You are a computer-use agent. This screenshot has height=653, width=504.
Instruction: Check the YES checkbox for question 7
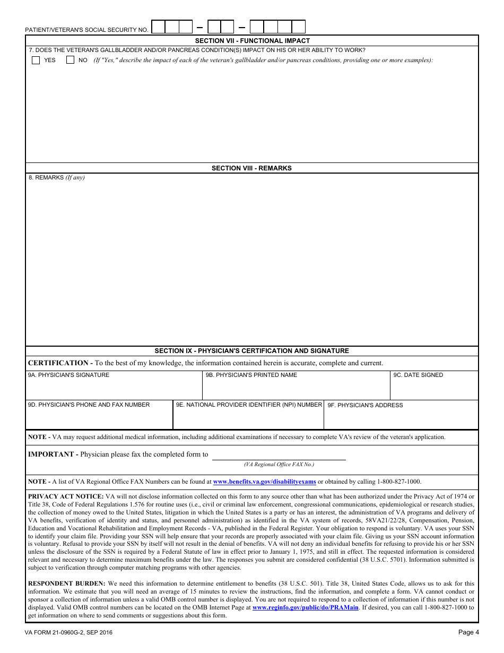(36, 60)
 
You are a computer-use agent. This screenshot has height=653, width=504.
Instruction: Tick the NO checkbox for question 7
(70, 60)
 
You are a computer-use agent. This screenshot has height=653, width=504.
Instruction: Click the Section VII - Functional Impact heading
(252, 41)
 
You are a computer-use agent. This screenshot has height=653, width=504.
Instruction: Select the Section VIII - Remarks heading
(251, 168)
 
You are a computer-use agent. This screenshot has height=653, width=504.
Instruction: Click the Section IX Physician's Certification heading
(251, 351)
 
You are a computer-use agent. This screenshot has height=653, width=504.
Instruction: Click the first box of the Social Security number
(158, 27)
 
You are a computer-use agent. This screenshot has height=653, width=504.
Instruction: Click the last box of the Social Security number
(299, 27)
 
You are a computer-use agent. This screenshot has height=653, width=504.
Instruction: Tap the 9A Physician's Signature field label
(68, 375)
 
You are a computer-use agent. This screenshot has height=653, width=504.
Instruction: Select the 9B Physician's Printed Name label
(251, 375)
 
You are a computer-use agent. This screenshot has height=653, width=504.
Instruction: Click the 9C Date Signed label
(418, 375)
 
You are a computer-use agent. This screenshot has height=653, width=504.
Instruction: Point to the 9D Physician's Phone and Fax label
(89, 405)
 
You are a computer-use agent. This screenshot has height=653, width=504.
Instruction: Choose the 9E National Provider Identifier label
(249, 405)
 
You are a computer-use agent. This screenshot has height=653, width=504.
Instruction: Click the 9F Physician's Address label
(365, 406)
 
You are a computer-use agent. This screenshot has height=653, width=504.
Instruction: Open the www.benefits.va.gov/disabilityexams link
(264, 482)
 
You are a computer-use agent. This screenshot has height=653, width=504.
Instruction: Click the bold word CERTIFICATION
(58, 363)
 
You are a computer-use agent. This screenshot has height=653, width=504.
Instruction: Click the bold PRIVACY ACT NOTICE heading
(65, 497)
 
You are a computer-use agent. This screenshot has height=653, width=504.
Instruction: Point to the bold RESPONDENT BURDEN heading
(66, 584)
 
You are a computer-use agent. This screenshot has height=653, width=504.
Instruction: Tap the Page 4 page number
(468, 632)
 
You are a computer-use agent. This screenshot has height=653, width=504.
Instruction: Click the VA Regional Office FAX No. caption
(279, 465)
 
